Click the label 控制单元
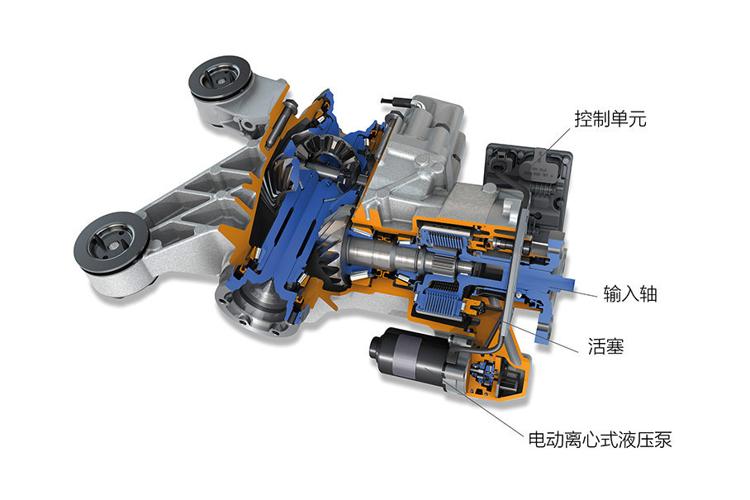pyautogui.click(x=610, y=118)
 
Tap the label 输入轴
pyautogui.click(x=630, y=293)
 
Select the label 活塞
pyautogui.click(x=606, y=346)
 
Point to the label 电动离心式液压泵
pyautogui.click(x=600, y=439)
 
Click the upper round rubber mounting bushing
pyautogui.click(x=220, y=79)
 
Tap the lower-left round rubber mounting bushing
pyautogui.click(x=111, y=242)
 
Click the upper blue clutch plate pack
pyautogui.click(x=441, y=238)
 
